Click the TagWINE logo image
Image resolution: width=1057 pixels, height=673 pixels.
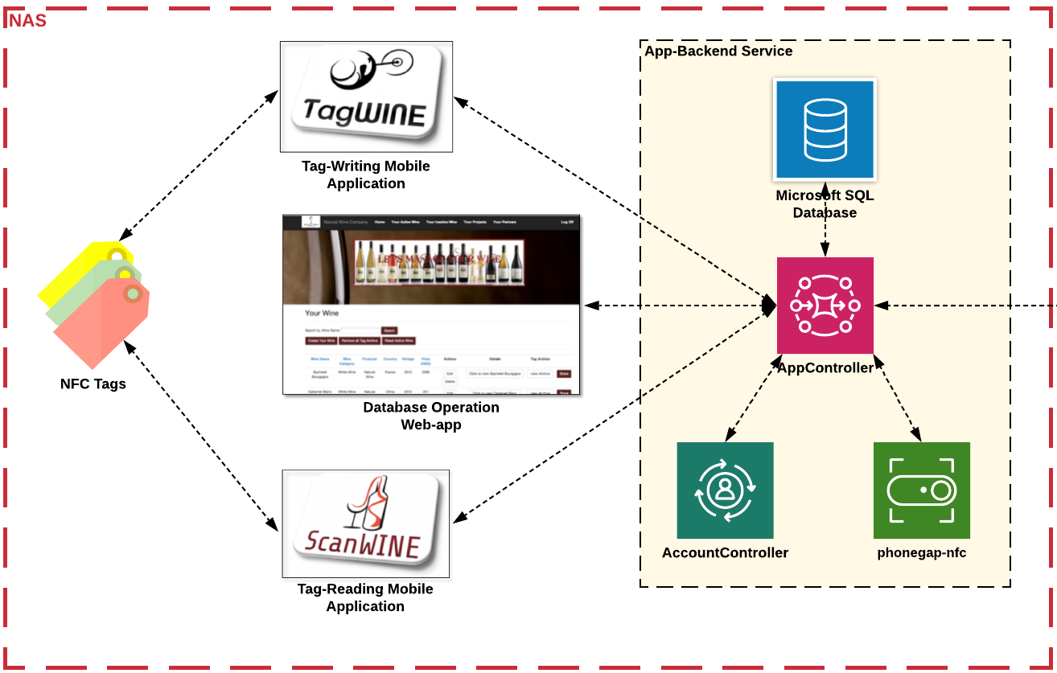pos(366,96)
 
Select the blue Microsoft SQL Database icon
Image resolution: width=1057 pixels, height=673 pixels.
pos(825,129)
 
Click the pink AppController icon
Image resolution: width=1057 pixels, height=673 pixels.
pos(825,305)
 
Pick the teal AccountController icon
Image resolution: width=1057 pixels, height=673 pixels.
pos(725,490)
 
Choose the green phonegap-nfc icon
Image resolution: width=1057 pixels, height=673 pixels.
pos(921,490)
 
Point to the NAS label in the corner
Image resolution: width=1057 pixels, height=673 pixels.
pos(28,21)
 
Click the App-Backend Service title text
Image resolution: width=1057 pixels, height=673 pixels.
pos(718,51)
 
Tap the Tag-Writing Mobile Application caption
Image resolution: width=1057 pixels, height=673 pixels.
pos(366,174)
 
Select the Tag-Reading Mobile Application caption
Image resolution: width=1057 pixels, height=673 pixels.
pos(365,597)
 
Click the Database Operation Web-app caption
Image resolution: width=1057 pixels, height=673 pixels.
pos(431,416)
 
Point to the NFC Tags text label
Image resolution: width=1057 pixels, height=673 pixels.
pos(93,384)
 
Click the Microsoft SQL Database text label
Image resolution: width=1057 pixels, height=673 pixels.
pos(825,204)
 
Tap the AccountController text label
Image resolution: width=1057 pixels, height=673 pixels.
pos(725,552)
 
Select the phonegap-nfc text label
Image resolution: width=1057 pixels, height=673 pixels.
pos(921,552)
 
